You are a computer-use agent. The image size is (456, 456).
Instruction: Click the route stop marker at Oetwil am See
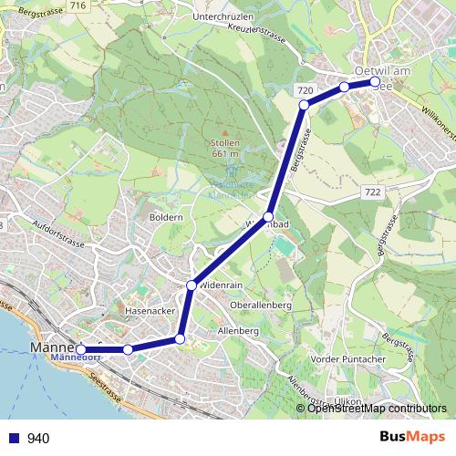pyautogui.click(x=375, y=82)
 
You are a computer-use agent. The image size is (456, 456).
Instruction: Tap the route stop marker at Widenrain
pyautogui.click(x=192, y=286)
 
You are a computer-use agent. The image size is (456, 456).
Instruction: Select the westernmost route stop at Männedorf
pyautogui.click(x=81, y=349)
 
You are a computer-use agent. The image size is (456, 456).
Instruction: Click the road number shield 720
pyautogui.click(x=306, y=91)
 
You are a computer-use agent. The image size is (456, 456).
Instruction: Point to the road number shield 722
pyautogui.click(x=371, y=192)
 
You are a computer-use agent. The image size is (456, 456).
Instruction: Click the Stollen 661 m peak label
pyautogui.click(x=224, y=148)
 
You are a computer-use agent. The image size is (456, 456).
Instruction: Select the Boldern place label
pyautogui.click(x=168, y=219)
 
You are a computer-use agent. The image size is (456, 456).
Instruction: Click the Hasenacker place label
pyautogui.click(x=149, y=310)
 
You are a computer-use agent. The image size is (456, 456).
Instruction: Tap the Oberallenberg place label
pyautogui.click(x=261, y=305)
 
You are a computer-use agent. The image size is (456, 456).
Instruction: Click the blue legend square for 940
pyautogui.click(x=13, y=439)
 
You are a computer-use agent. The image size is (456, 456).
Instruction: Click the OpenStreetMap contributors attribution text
pyautogui.click(x=376, y=409)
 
